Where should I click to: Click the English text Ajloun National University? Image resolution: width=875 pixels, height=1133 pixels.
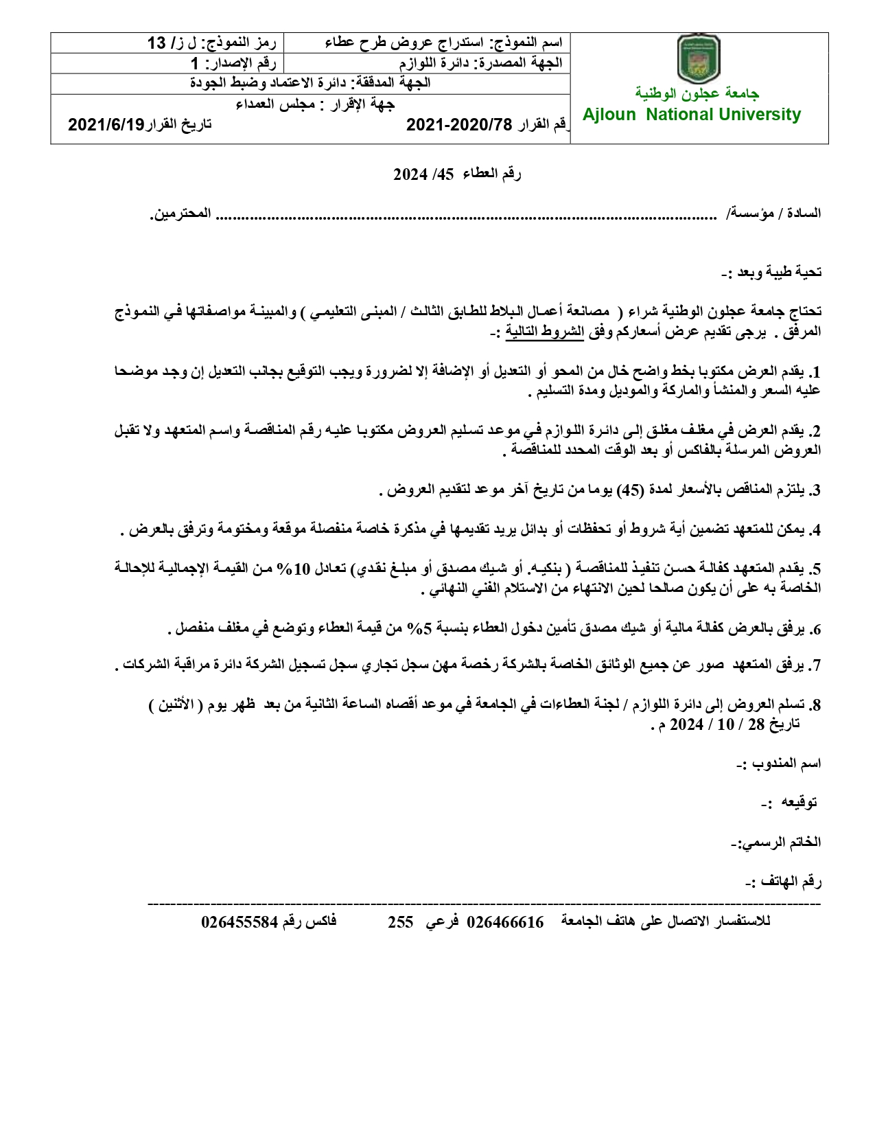click(692, 115)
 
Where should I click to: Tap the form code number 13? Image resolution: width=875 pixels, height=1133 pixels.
click(157, 43)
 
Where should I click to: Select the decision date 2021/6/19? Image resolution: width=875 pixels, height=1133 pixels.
click(106, 124)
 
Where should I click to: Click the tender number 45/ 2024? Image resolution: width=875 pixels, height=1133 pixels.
click(423, 174)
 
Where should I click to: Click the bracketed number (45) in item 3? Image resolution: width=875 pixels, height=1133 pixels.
click(630, 490)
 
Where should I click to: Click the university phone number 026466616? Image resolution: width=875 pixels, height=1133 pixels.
click(505, 922)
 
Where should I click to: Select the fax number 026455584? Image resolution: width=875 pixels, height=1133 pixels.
click(240, 922)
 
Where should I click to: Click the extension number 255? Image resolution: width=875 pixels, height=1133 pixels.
click(400, 922)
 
